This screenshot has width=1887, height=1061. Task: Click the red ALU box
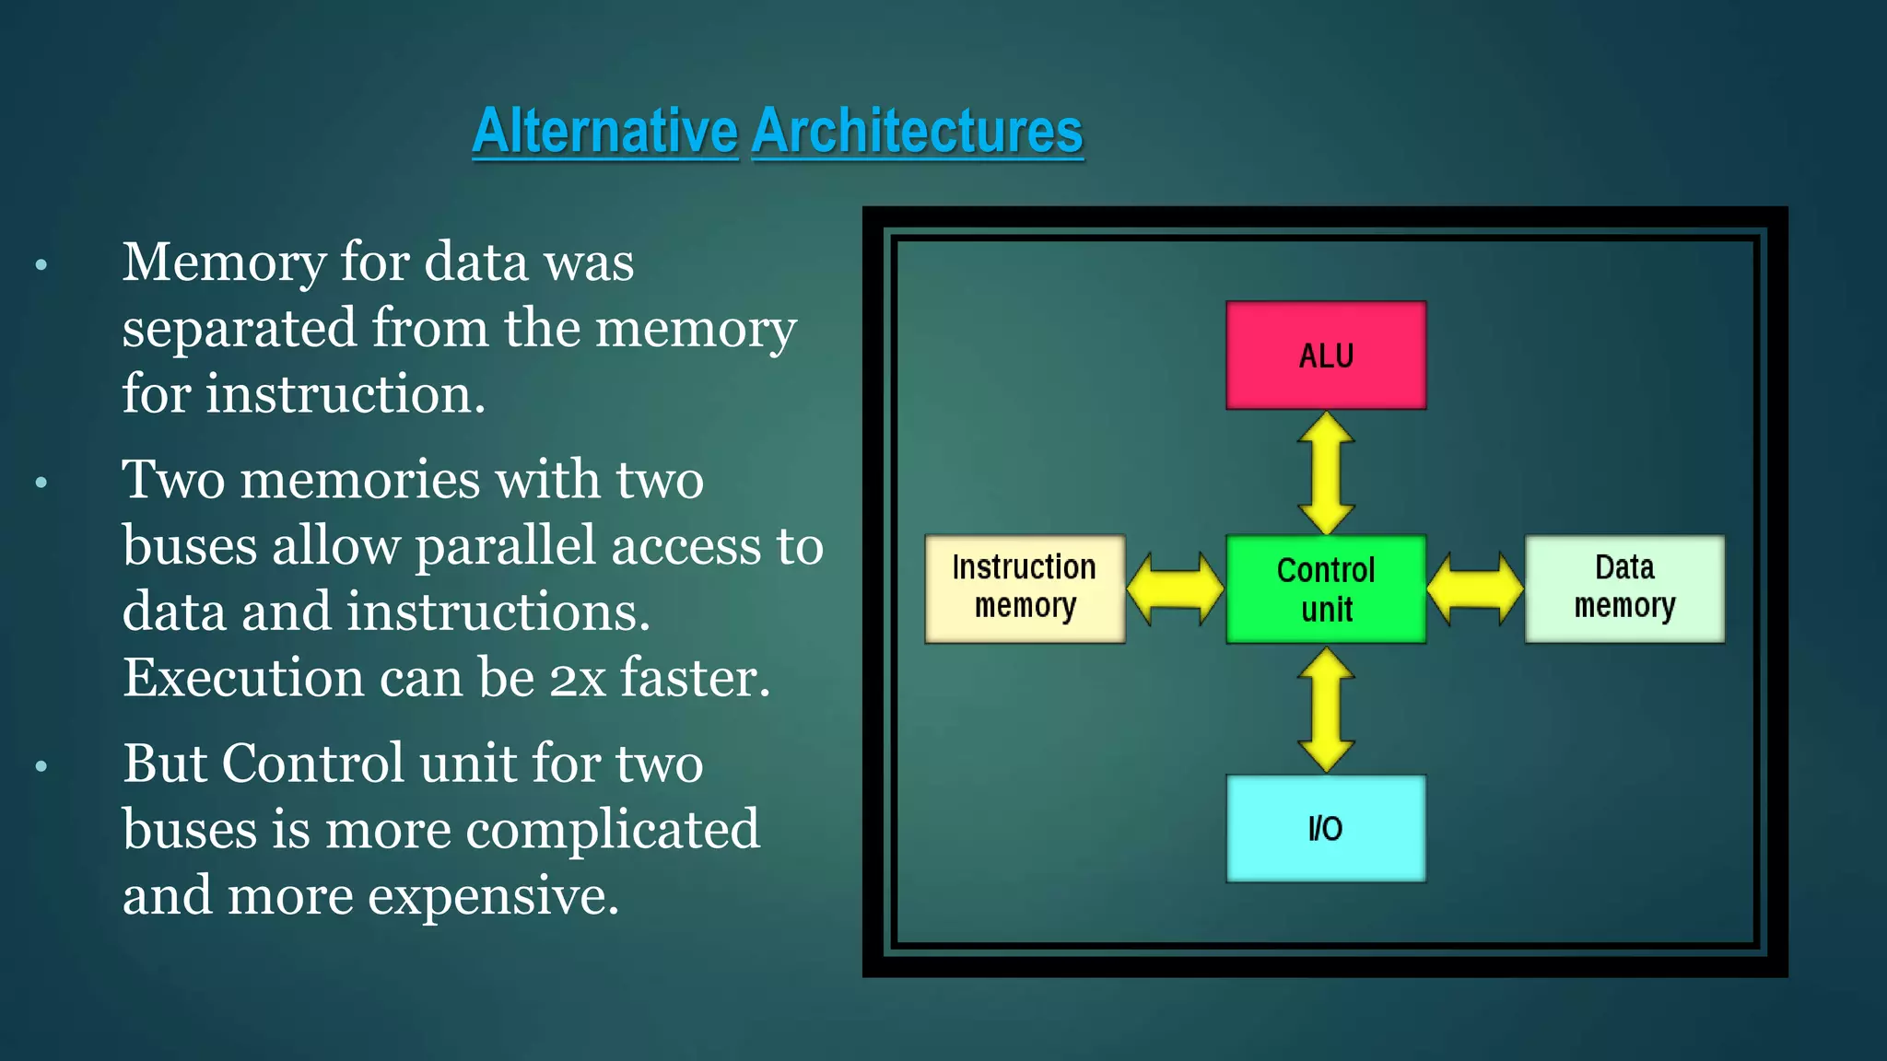click(1326, 356)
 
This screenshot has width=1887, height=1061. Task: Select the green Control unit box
click(1326, 589)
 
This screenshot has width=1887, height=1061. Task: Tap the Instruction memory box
click(1025, 589)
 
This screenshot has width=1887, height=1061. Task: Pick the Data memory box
click(1624, 589)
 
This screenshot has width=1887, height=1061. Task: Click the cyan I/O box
click(1326, 828)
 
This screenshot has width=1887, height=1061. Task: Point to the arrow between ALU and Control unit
click(1326, 472)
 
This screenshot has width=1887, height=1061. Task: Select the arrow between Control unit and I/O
click(1326, 709)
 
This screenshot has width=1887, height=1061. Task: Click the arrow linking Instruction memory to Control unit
click(1176, 589)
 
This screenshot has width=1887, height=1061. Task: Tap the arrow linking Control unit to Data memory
click(1475, 589)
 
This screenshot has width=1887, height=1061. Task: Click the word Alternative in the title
click(605, 131)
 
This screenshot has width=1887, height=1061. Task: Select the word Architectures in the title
click(917, 131)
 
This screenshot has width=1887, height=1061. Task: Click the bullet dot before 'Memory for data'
click(41, 266)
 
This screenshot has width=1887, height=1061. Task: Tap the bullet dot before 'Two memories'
click(41, 483)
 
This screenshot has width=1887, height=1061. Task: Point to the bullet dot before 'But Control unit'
click(41, 766)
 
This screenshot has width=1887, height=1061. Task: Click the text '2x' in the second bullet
click(578, 680)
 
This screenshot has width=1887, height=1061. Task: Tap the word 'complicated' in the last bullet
click(613, 830)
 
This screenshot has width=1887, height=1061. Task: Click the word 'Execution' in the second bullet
click(243, 680)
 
